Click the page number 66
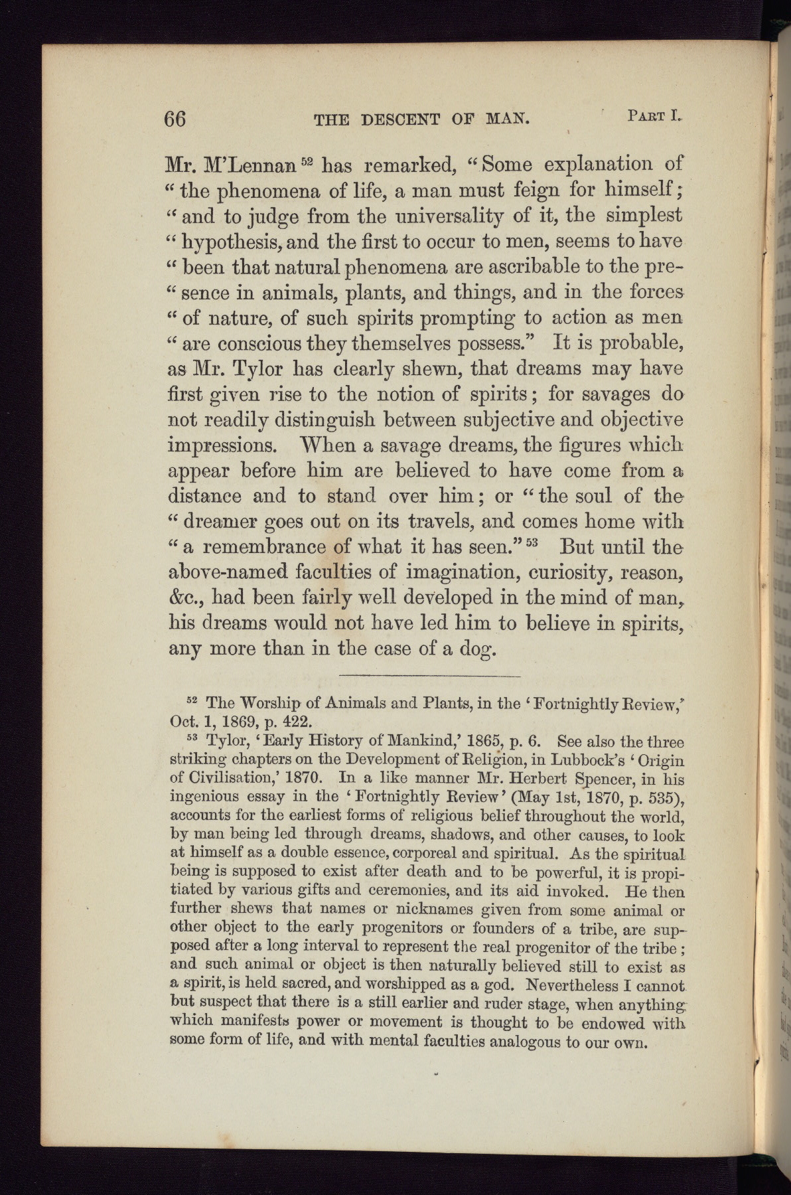point(176,119)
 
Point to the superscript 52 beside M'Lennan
point(307,159)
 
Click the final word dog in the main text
point(476,649)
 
